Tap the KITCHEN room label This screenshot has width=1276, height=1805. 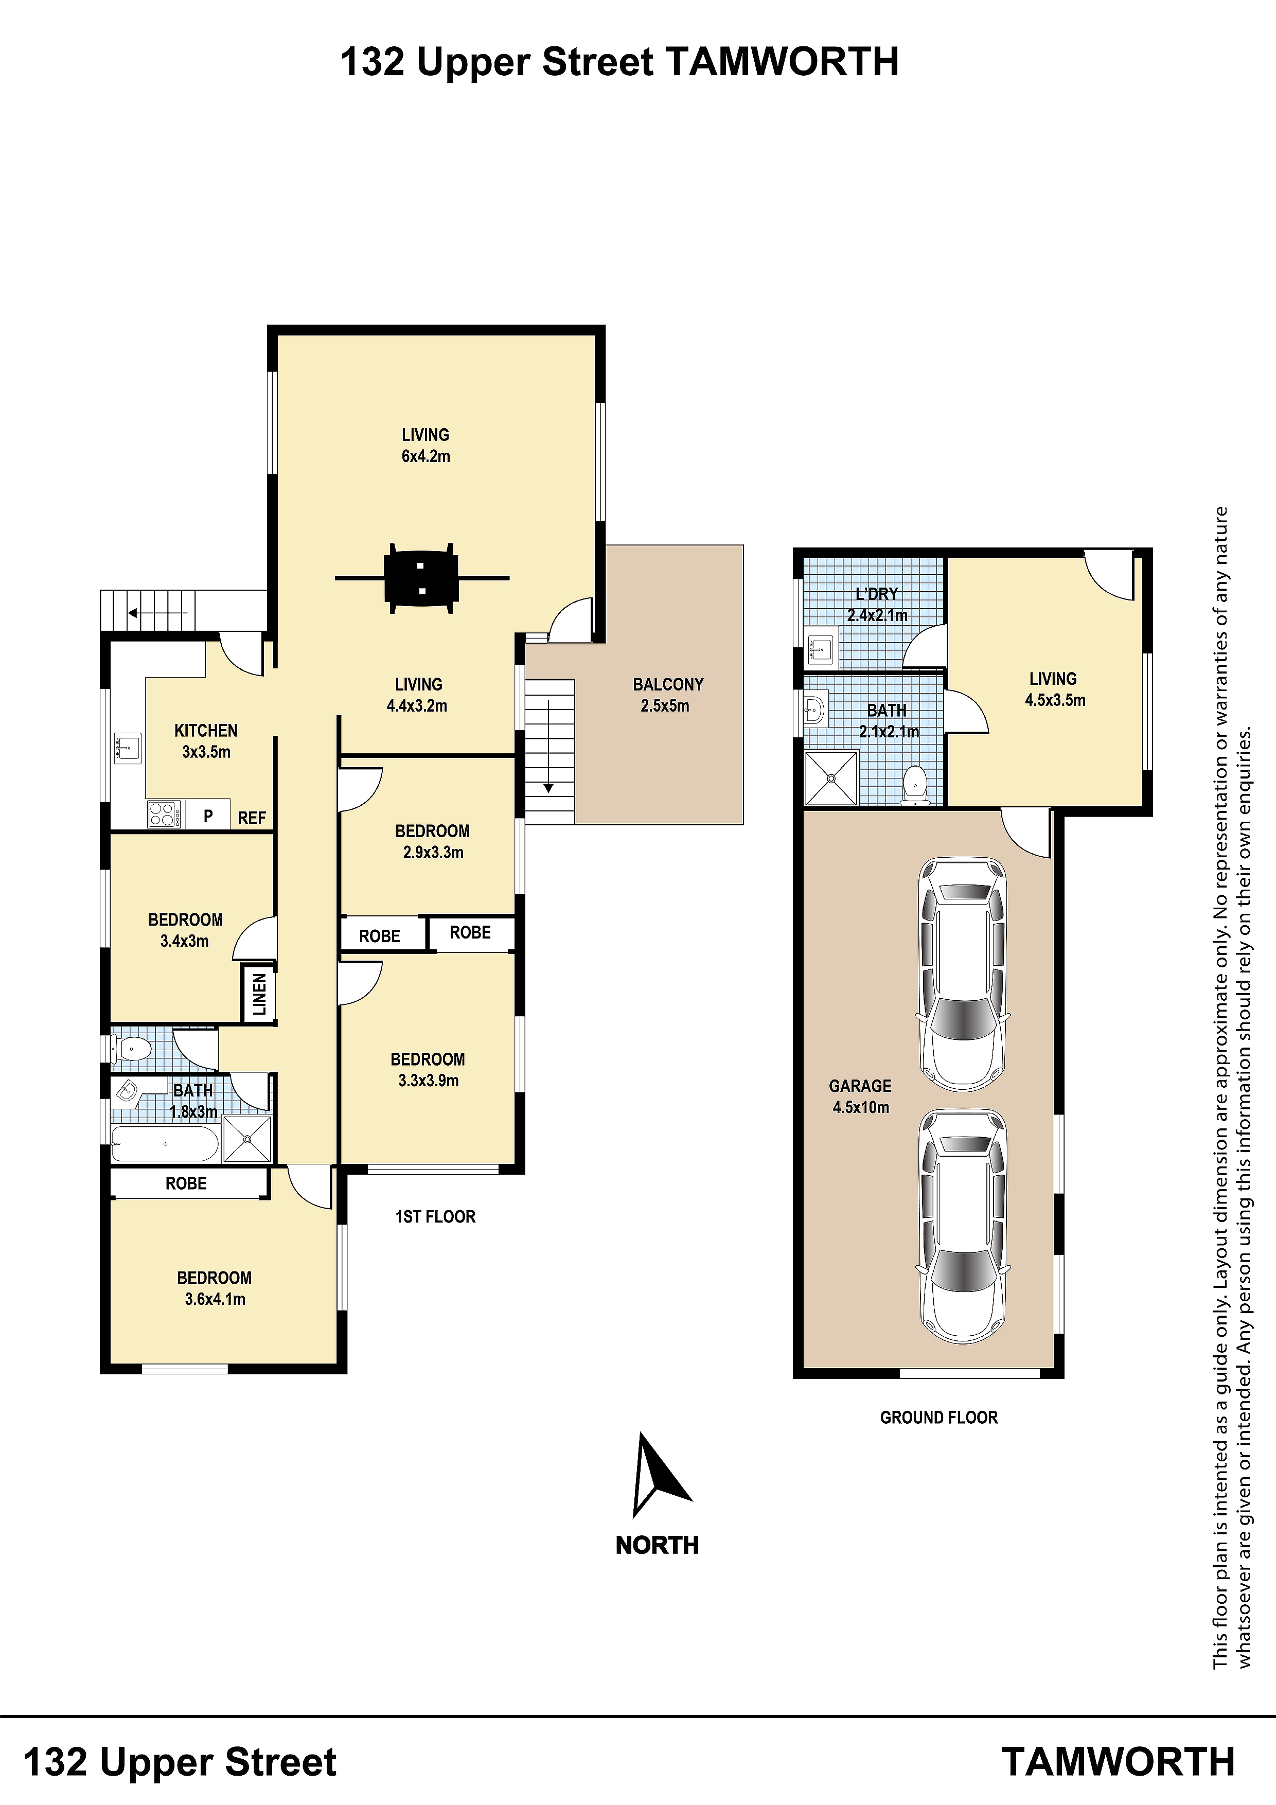(206, 730)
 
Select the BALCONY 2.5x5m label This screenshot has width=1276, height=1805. (667, 695)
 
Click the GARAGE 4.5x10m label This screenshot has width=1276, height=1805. (860, 1096)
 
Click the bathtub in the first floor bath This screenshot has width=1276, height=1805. (165, 1144)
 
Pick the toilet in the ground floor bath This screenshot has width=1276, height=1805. (914, 785)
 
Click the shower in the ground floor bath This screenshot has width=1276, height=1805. (831, 778)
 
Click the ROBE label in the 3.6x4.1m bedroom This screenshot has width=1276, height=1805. (186, 1183)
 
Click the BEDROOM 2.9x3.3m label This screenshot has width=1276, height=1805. (432, 841)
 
